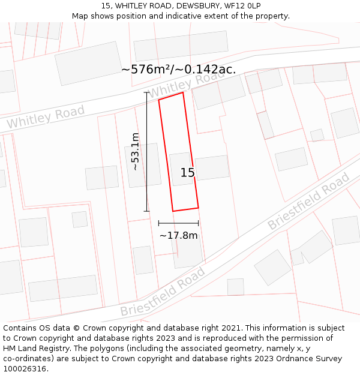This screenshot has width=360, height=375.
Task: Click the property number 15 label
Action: pos(188,173)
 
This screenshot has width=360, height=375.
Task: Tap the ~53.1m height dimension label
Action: pos(136,151)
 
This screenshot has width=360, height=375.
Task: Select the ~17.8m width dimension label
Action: pos(178,235)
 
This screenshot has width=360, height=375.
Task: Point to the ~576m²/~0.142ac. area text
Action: pos(178,69)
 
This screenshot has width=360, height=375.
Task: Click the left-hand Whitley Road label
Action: pos(46,116)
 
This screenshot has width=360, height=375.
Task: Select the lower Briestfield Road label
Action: pos(163,292)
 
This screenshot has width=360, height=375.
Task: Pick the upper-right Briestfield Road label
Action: pos(308,201)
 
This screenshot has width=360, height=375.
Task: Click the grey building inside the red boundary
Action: pos(181,169)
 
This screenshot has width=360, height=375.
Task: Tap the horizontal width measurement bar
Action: pos(178,223)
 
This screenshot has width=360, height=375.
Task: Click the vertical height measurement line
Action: pos(147,151)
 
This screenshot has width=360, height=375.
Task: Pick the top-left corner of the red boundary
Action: pos(159,100)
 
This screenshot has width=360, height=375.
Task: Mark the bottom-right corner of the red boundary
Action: pos(198,208)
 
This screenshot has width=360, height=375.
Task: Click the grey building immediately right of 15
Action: pos(212,167)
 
